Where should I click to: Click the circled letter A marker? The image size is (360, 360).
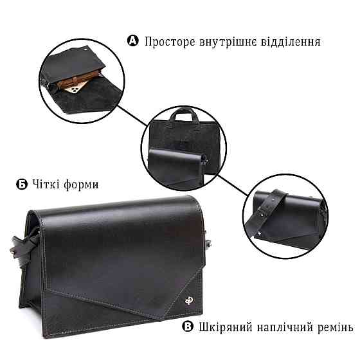[133, 41]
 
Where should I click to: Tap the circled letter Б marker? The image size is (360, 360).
[21, 184]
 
